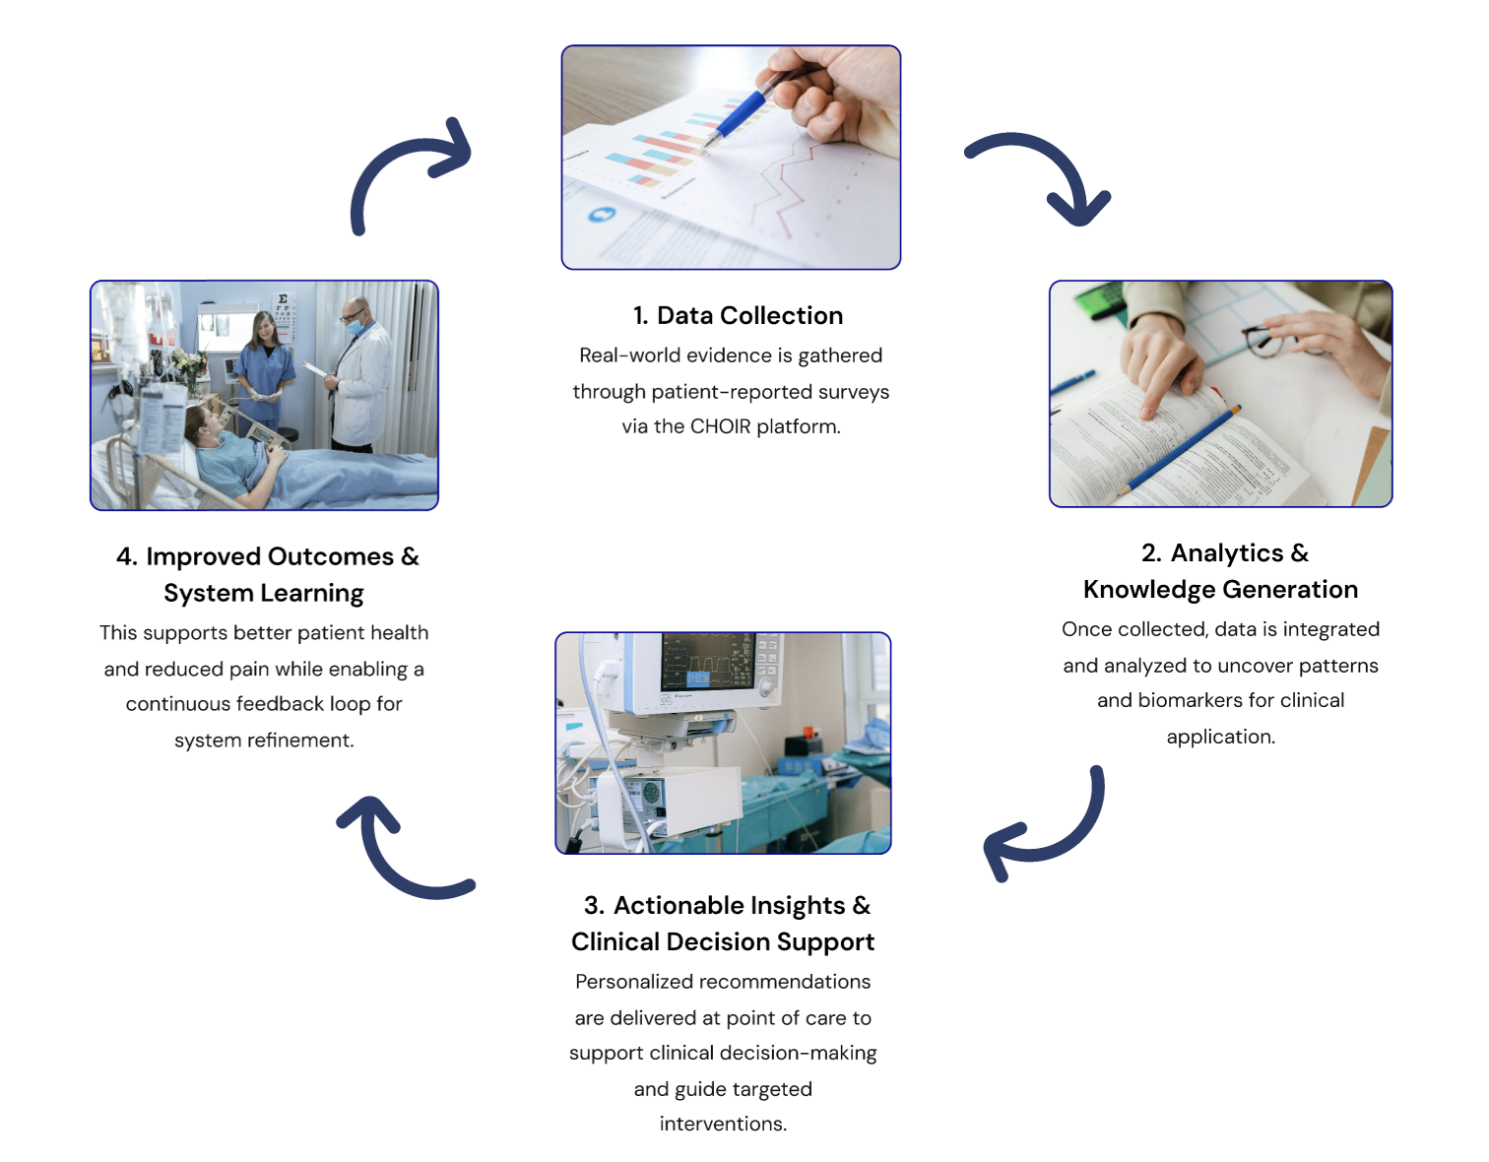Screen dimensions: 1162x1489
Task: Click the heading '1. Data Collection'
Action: [738, 315]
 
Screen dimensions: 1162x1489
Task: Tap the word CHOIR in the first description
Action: [720, 426]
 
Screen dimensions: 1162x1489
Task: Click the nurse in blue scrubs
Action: [265, 369]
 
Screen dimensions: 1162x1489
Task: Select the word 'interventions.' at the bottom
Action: [723, 1124]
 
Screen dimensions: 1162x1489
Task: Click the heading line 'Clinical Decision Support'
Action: [723, 941]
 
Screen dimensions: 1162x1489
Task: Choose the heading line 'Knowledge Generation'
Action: [1220, 589]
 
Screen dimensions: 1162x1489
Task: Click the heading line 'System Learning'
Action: [263, 593]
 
